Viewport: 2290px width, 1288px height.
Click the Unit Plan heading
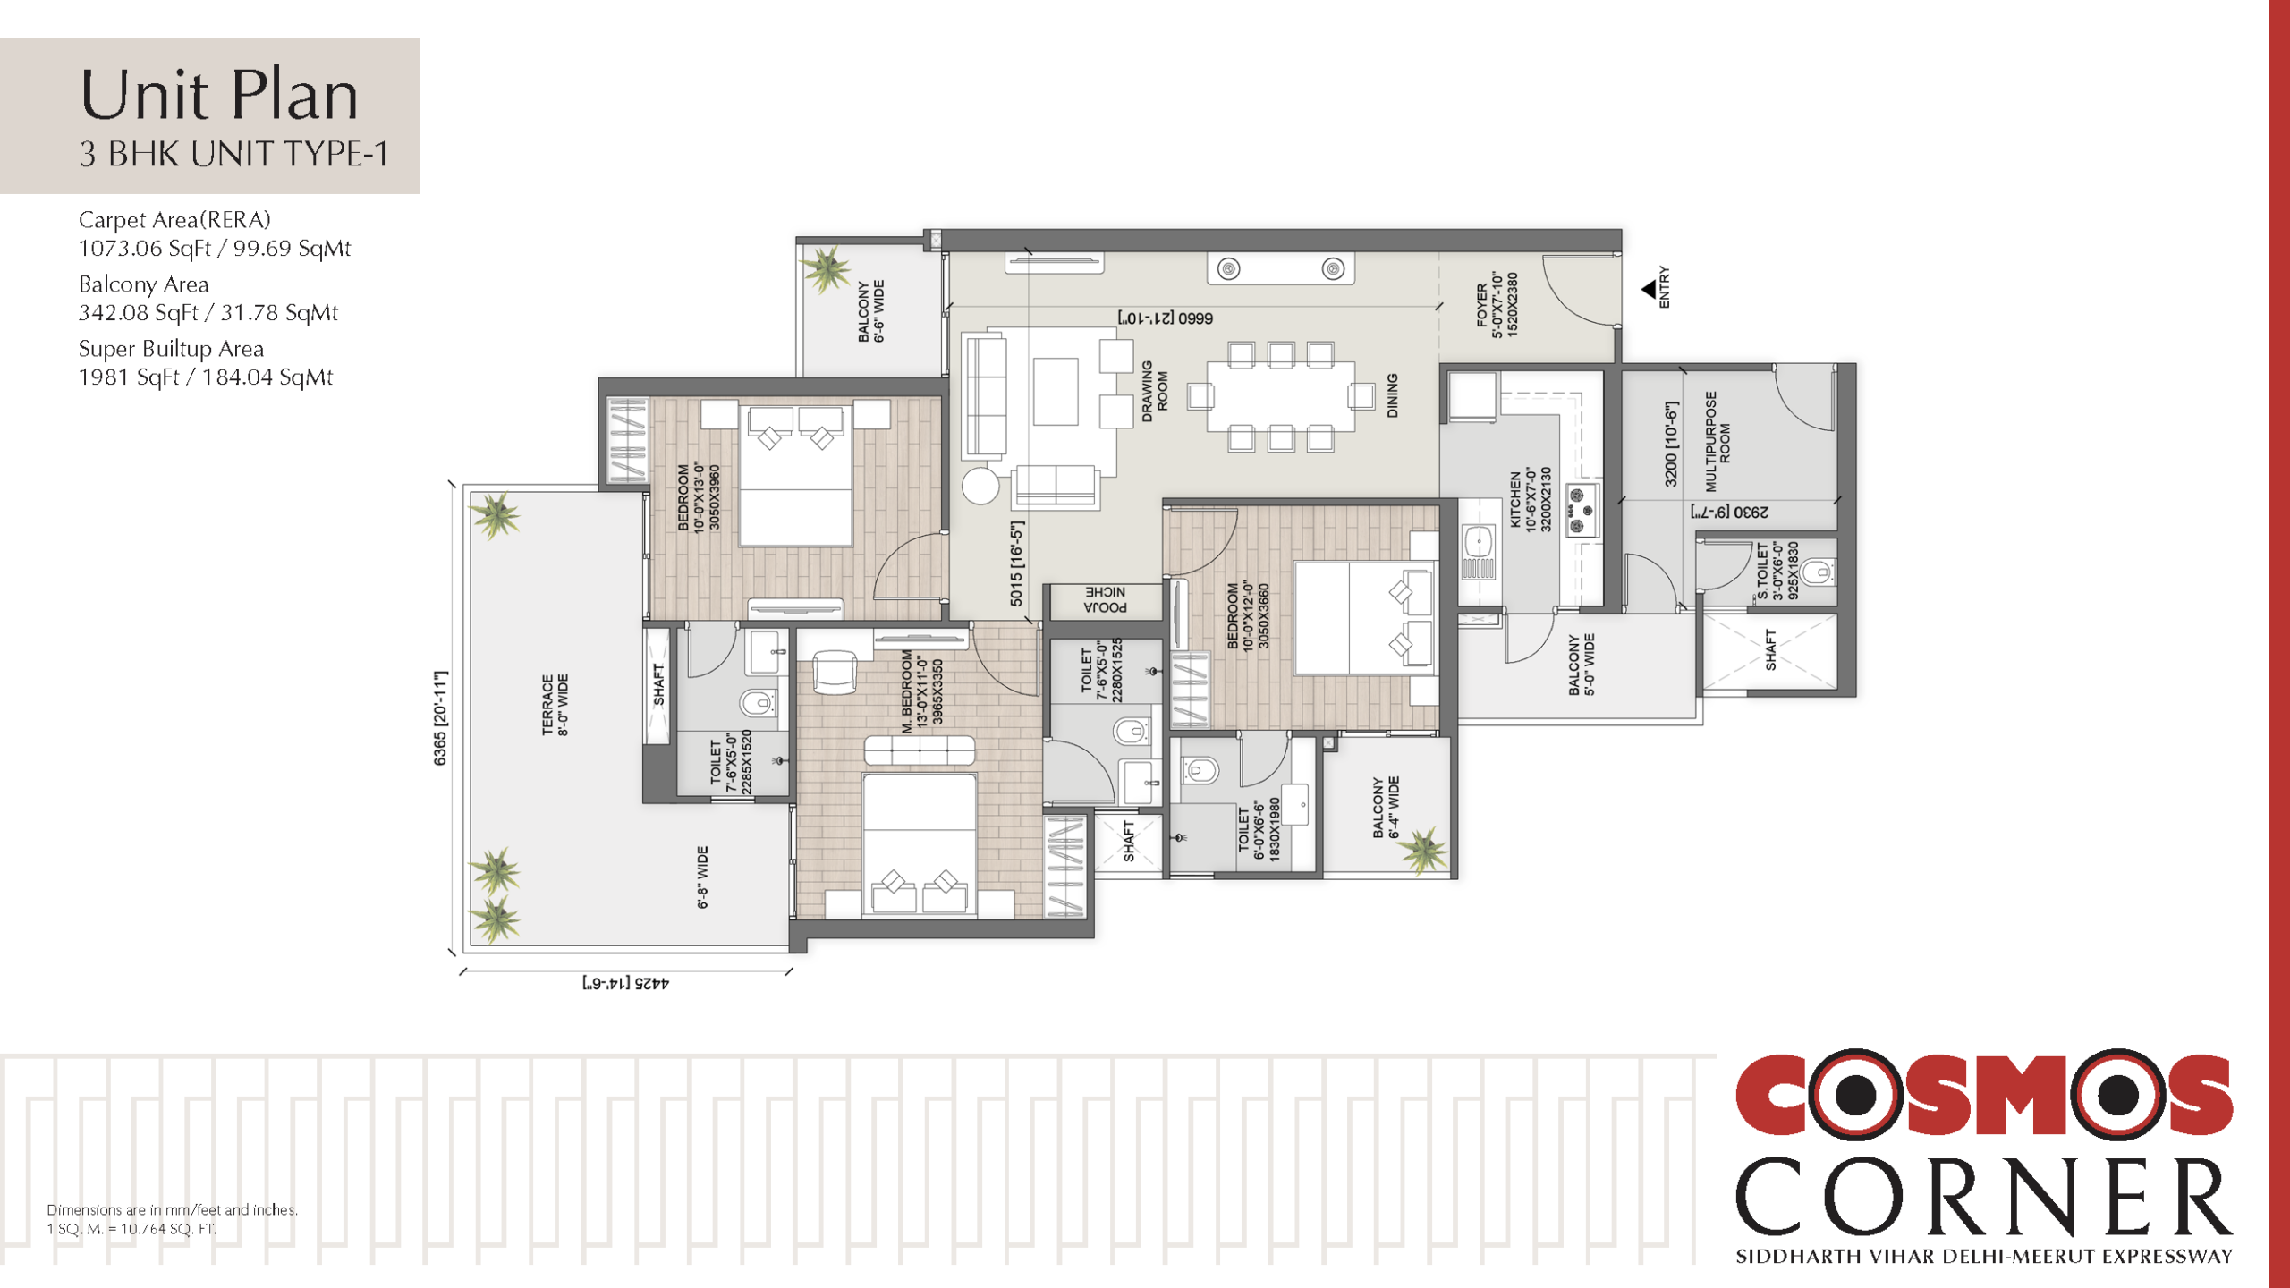pyautogui.click(x=219, y=95)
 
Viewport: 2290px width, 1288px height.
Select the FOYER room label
pyautogui.click(x=1482, y=304)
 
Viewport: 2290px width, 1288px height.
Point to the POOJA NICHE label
pyautogui.click(x=1106, y=600)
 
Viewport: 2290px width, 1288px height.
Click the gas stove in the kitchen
pyautogui.click(x=1582, y=512)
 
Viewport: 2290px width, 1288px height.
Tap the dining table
pyautogui.click(x=1281, y=396)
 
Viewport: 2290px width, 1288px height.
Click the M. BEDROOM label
pyautogui.click(x=907, y=691)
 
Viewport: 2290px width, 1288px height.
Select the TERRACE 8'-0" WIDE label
pyautogui.click(x=555, y=705)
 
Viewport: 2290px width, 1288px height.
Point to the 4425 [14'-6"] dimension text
pyautogui.click(x=625, y=983)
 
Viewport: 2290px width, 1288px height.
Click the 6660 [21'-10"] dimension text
pyautogui.click(x=1165, y=318)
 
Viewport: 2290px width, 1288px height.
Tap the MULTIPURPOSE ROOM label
pyautogui.click(x=1717, y=442)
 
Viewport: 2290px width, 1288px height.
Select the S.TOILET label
pyautogui.click(x=1762, y=571)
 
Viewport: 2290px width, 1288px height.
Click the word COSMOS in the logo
pyautogui.click(x=1984, y=1094)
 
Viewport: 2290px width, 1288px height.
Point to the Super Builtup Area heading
pyautogui.click(x=171, y=348)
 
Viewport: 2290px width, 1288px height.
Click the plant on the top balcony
pyautogui.click(x=825, y=269)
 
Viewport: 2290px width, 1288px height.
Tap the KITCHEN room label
pyautogui.click(x=1515, y=500)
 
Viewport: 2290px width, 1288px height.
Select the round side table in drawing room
pyautogui.click(x=980, y=486)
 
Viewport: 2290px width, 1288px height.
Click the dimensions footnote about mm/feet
pyautogui.click(x=172, y=1209)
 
